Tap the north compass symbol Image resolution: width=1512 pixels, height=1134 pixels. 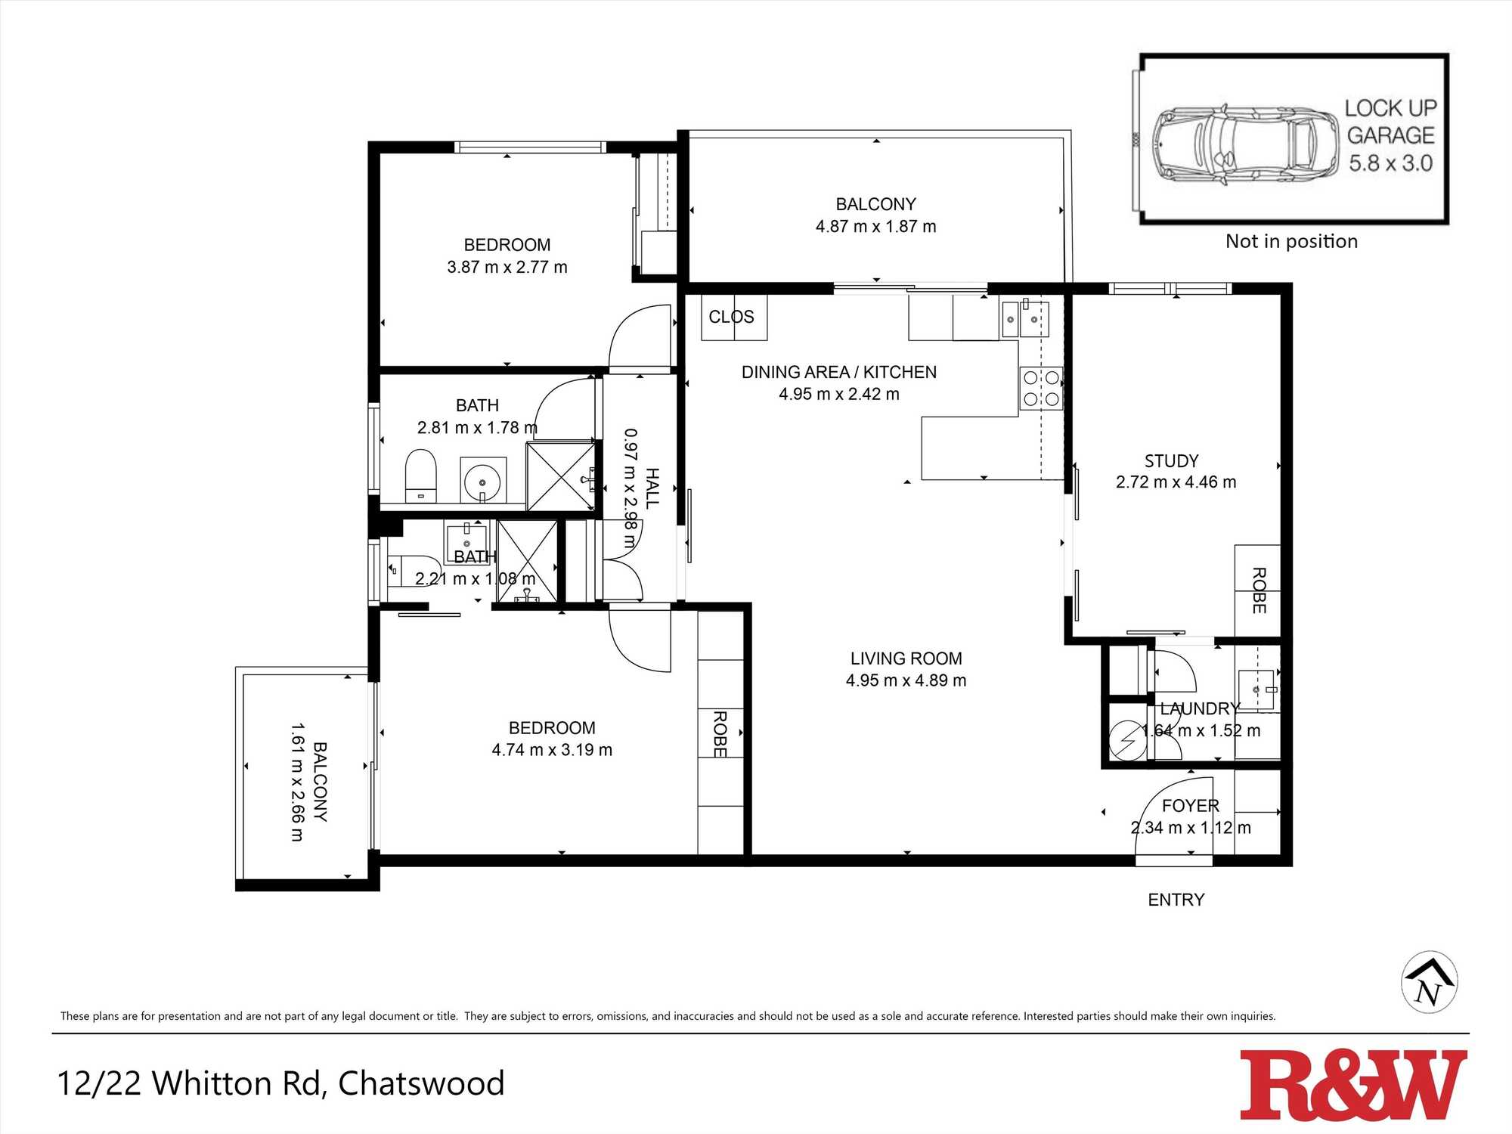pos(1429,982)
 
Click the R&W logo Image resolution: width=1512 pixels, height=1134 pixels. pos(1353,1085)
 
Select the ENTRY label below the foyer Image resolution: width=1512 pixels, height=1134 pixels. pos(1176,900)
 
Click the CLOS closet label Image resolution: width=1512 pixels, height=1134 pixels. pos(731,317)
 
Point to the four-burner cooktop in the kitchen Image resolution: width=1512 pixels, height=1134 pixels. pos(1041,388)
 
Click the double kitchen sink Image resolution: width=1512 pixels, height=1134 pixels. pos(1025,319)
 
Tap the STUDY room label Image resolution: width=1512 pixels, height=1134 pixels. pos(1171,461)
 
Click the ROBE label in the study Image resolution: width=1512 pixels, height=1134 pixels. pos(1258,590)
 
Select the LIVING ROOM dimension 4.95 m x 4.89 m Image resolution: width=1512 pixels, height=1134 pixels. pos(906,680)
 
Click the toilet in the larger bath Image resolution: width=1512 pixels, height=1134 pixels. pos(421,476)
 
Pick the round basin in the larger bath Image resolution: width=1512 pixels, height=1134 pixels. pos(482,479)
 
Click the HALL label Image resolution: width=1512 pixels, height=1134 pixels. pos(652,488)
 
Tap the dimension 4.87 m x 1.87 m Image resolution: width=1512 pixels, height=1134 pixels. pos(875,226)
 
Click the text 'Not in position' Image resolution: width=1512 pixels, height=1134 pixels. pos(1291,241)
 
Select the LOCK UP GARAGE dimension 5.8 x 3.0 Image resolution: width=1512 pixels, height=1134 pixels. pos(1390,163)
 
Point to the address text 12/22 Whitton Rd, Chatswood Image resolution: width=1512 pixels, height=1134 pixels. pos(281,1083)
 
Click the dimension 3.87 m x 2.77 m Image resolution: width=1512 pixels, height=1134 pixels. pos(507,267)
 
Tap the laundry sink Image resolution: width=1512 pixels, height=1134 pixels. pos(1258,689)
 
